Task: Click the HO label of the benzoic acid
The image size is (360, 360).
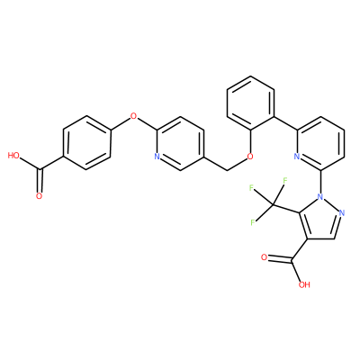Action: (x=13, y=156)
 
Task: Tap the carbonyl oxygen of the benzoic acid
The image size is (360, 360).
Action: (x=39, y=196)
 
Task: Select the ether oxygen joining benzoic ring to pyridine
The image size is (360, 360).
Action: (x=133, y=115)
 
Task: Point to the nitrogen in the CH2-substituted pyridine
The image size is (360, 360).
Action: (x=157, y=157)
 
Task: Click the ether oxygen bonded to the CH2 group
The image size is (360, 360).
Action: (x=250, y=157)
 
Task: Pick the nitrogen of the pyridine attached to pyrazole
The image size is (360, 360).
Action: (x=297, y=157)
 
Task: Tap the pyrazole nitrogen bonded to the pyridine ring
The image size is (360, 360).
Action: (x=320, y=197)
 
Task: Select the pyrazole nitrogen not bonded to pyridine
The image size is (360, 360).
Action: (x=342, y=213)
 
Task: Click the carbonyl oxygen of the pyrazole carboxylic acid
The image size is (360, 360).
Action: (x=264, y=257)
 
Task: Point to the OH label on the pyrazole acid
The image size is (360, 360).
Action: (x=304, y=284)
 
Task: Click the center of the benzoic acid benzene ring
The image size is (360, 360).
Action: (x=86, y=143)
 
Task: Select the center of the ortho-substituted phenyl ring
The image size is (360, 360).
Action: (x=250, y=103)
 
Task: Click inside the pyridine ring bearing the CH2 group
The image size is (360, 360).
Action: (x=180, y=143)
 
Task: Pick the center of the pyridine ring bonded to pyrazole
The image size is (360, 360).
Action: (x=320, y=143)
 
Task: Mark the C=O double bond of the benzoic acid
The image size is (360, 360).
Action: (x=40, y=181)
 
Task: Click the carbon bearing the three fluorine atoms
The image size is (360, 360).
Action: (x=274, y=205)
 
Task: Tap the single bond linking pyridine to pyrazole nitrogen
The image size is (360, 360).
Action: (x=320, y=182)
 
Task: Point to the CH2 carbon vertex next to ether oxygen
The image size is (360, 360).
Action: (x=227, y=170)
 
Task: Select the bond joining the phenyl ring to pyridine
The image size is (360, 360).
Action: (x=285, y=122)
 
